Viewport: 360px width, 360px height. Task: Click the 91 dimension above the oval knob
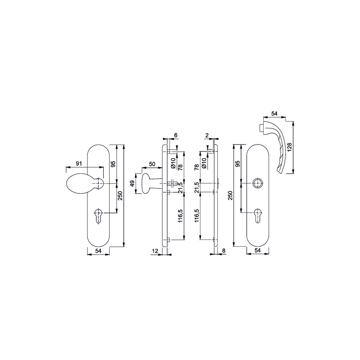tap(79, 164)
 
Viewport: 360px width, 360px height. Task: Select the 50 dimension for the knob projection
tap(152, 164)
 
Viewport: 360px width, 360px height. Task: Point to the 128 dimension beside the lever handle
tap(289, 147)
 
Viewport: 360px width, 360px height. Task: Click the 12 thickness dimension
tap(155, 251)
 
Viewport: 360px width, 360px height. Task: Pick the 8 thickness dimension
tap(224, 251)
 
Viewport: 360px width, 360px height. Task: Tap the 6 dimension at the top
tap(176, 135)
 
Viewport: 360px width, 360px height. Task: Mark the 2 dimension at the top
tap(207, 135)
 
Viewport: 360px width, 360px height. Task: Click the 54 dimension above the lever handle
tap(274, 114)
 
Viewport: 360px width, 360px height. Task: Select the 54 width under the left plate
tap(98, 251)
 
